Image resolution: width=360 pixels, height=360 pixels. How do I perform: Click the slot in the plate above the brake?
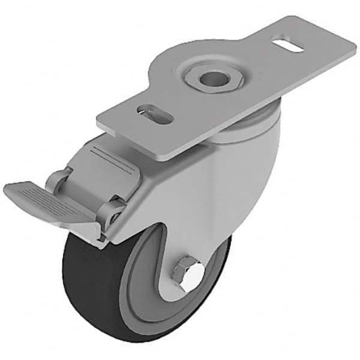155,113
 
